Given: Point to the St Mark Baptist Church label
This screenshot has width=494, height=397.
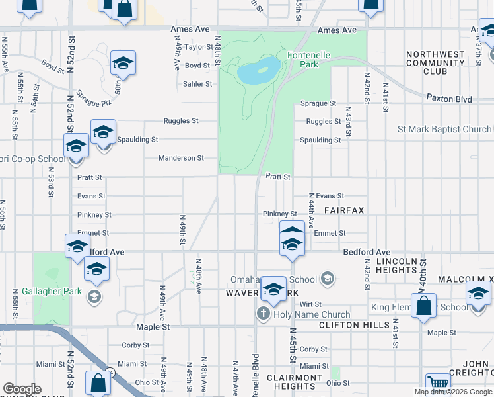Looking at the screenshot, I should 444,129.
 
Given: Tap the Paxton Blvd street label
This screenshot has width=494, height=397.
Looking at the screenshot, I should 449,99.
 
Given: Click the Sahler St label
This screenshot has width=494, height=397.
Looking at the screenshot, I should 197,84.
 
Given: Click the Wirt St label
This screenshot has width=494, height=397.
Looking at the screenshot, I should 310,304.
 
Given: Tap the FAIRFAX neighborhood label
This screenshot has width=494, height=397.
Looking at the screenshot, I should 344,210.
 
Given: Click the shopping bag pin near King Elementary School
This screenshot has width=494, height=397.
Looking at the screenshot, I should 424,306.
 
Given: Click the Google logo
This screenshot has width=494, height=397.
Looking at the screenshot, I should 22,389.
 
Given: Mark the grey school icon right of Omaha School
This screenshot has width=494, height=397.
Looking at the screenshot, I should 327,279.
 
